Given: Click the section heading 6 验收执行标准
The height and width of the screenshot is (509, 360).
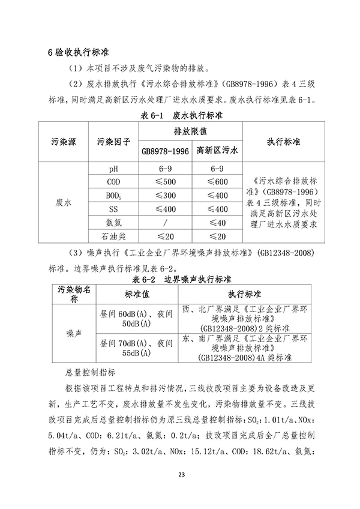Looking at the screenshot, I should [78, 53].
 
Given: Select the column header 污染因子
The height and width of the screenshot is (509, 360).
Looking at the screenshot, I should [113, 142].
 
